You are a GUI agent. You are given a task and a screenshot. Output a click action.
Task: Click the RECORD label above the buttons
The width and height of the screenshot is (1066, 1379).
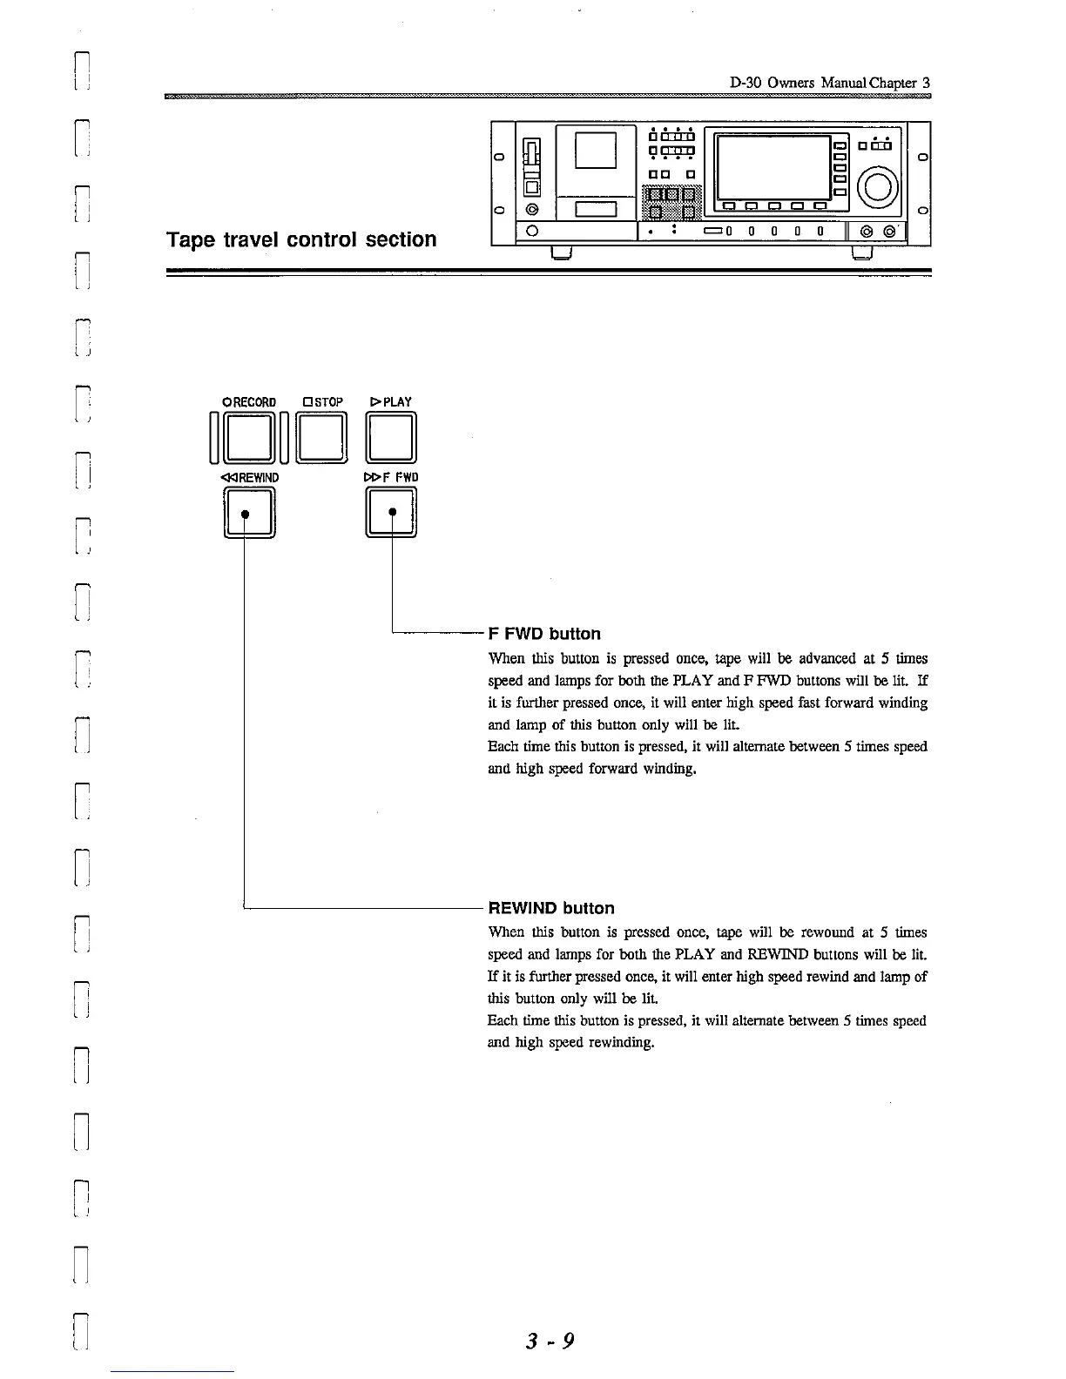click(249, 402)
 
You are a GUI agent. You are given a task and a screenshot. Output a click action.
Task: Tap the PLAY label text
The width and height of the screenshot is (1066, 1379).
click(391, 402)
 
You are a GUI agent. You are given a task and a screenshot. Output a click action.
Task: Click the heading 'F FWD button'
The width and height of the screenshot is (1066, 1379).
click(544, 634)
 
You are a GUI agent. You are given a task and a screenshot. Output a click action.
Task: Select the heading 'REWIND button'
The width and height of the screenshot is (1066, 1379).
click(551, 908)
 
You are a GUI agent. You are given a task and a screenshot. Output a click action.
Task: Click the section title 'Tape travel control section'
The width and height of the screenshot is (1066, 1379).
click(301, 239)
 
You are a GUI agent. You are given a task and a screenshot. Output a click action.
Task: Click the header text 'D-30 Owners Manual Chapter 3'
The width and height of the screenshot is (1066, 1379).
click(830, 84)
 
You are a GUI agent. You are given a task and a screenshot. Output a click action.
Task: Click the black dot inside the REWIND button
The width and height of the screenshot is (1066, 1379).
click(246, 514)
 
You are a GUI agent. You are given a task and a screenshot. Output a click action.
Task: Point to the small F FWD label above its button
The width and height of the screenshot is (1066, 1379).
click(391, 478)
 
